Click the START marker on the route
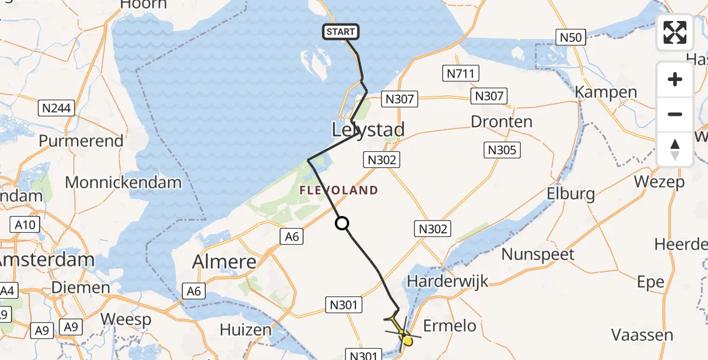[341, 32]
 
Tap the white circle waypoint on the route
[341, 224]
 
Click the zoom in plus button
[675, 79]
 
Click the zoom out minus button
[675, 114]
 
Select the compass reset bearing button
[675, 149]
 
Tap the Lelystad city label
[368, 130]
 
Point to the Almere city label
[224, 262]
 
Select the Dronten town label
[502, 122]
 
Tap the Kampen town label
[606, 92]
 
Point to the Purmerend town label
[81, 141]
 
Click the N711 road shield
[461, 74]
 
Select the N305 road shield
[502, 150]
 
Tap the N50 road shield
[570, 38]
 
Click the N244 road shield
[56, 109]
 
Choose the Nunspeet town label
[538, 254]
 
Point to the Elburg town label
[571, 193]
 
